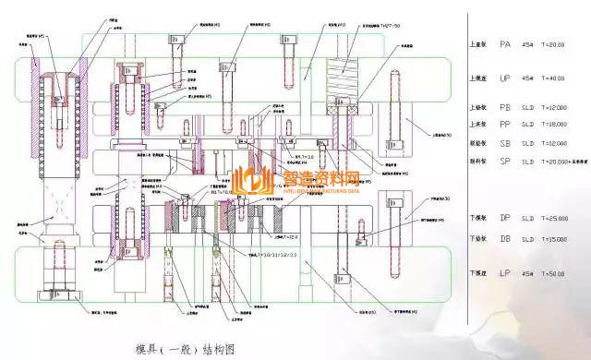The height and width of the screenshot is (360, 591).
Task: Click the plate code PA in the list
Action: [x=505, y=43]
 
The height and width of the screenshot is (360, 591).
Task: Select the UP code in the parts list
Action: [x=505, y=78]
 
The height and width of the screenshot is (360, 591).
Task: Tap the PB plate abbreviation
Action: [x=505, y=107]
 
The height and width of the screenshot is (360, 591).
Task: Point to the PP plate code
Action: [x=505, y=124]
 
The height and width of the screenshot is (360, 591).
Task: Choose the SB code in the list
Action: [x=505, y=143]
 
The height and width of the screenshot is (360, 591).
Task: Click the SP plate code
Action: [x=505, y=162]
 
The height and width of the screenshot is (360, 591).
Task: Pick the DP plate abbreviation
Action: [x=505, y=219]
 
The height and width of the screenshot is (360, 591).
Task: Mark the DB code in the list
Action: [x=505, y=238]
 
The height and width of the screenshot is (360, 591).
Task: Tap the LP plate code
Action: [x=505, y=274]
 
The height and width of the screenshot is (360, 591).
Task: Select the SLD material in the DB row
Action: [x=528, y=238]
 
